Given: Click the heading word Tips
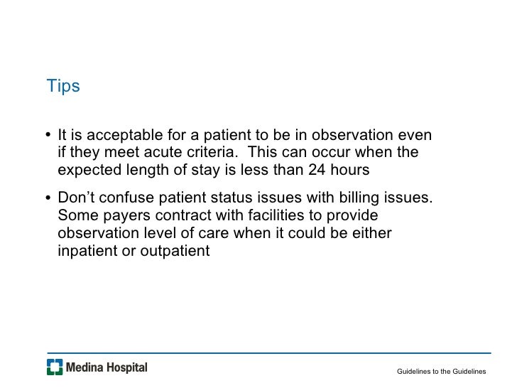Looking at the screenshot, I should pos(63,87).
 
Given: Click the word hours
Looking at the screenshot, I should pos(350,171).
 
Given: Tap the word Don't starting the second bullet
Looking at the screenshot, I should pos(77,198).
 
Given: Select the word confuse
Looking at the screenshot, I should pos(128,198).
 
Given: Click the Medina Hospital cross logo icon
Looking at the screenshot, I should pos(55,367).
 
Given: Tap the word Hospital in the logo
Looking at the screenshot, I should pos(126,367).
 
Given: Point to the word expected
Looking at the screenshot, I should pos(88,171).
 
